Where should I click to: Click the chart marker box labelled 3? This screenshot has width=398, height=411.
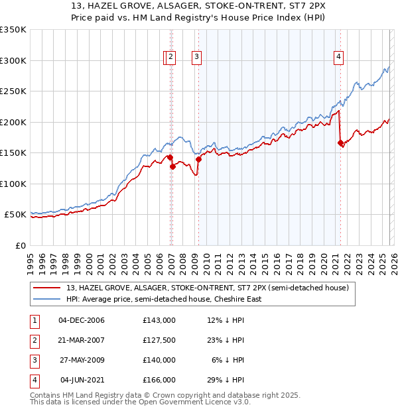point(197,58)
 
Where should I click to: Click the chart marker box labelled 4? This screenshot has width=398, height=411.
point(338,58)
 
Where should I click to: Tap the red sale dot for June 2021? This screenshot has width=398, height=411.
point(340,143)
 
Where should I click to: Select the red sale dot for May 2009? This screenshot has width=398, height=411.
point(198,159)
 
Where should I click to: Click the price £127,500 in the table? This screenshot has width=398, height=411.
point(159,340)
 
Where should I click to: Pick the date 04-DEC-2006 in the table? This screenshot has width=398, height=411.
point(82,320)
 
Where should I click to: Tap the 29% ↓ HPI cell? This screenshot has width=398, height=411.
point(226,380)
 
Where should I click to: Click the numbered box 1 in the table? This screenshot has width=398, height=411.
point(34,320)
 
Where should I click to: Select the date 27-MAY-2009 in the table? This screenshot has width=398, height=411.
point(82,360)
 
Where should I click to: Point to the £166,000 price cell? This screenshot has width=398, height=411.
point(159,380)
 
